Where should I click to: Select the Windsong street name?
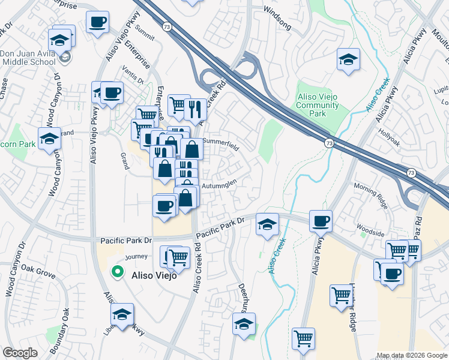277,10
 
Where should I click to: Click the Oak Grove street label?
38,272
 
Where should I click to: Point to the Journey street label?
136,257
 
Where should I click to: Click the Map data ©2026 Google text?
412,355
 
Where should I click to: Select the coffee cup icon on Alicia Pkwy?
321,221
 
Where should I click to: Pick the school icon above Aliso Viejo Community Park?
348,59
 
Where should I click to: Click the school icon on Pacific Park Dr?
267,224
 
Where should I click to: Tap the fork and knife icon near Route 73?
195,109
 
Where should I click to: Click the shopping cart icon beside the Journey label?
179,257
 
